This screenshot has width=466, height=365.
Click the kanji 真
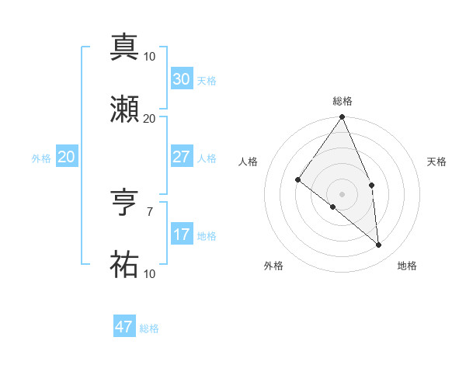124,47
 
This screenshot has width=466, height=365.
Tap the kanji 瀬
124,109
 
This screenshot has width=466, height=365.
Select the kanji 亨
124,203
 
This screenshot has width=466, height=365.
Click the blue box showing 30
181,79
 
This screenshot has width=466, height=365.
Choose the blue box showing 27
181,157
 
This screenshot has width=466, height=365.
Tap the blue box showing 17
181,235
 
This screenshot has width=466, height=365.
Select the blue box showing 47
124,327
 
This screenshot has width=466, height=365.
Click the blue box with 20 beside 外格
67,157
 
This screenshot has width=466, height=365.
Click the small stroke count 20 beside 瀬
150,118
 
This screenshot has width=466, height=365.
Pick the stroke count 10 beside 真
150,56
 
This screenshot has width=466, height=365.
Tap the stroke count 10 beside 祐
150,274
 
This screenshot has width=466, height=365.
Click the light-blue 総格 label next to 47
149,328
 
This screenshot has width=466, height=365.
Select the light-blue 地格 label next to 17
207,236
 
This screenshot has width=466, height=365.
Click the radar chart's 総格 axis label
343,101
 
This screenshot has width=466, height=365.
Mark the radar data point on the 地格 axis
379,245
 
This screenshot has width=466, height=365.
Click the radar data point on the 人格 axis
297,179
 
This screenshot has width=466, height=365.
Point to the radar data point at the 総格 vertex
343,117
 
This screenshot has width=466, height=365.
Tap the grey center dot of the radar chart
343,193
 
